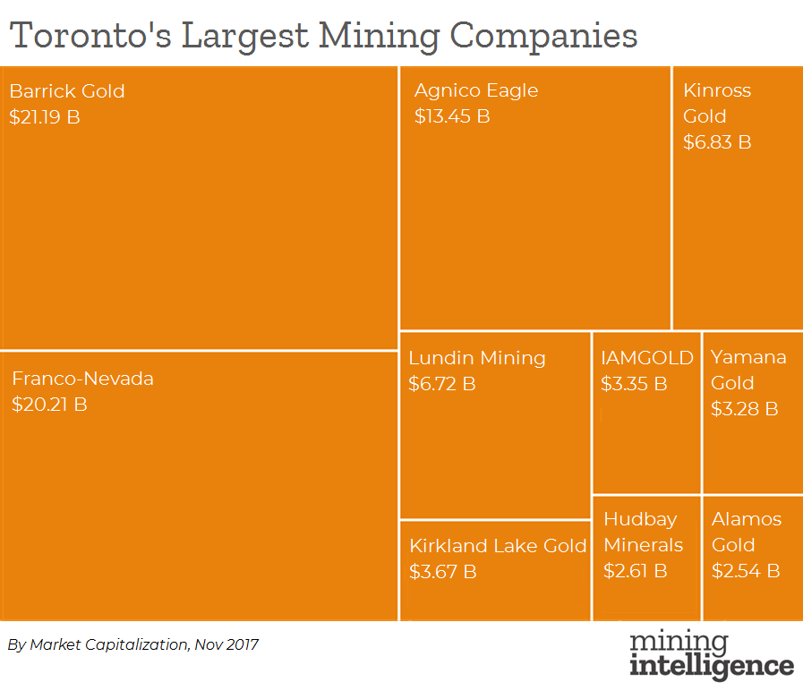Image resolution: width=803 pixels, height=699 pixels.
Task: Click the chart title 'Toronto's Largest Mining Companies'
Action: (x=323, y=36)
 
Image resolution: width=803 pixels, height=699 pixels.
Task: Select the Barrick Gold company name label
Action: (x=67, y=91)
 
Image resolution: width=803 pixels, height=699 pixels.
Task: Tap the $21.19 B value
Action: (x=45, y=116)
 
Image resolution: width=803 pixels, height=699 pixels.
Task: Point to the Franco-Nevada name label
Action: (x=82, y=379)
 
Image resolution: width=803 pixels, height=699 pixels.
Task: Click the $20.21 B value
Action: (x=49, y=405)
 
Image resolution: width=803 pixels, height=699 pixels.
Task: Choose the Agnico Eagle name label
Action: (x=476, y=90)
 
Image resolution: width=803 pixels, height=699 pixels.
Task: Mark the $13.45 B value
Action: (x=452, y=116)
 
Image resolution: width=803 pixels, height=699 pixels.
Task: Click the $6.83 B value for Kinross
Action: (x=717, y=142)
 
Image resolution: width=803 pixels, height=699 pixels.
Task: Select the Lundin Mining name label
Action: (x=477, y=358)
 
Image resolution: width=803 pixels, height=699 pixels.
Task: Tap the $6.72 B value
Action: (x=442, y=384)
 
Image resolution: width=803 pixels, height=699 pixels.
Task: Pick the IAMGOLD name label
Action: (x=647, y=358)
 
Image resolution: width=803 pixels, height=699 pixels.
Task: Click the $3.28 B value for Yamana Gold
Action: (x=745, y=409)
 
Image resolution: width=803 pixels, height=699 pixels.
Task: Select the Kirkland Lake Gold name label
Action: (x=498, y=546)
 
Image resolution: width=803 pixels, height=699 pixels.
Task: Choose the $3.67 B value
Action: (x=443, y=571)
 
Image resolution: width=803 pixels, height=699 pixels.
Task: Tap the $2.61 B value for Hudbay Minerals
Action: (x=636, y=570)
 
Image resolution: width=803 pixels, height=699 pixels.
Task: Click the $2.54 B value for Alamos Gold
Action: (x=746, y=570)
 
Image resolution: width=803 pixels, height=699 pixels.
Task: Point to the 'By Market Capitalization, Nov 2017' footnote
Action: (x=133, y=644)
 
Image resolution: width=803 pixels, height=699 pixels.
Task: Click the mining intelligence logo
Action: (x=712, y=655)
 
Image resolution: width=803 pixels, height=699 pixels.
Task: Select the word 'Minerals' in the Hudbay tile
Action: (x=644, y=545)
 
